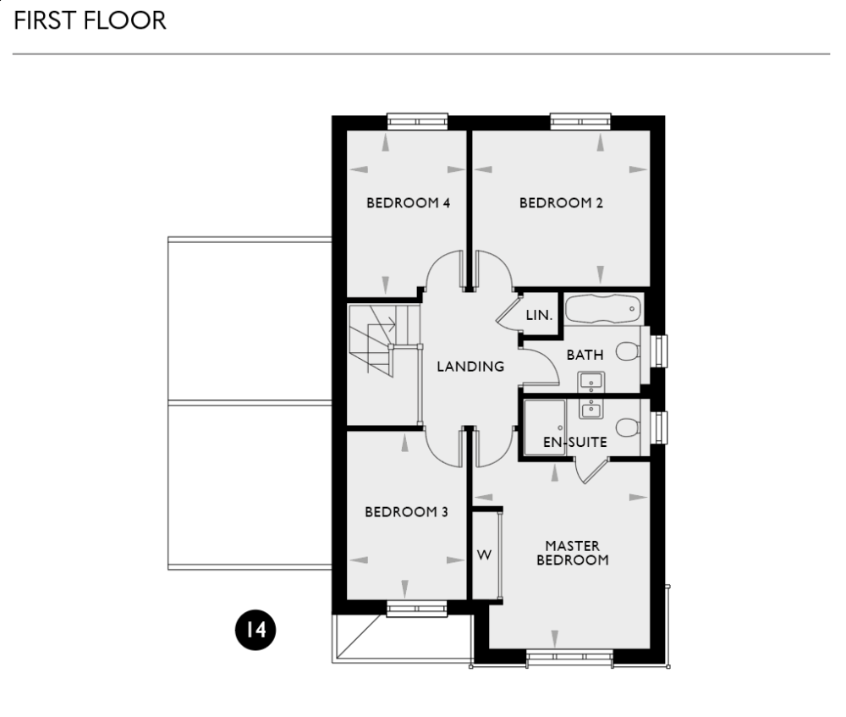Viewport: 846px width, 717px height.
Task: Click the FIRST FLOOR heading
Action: (90, 21)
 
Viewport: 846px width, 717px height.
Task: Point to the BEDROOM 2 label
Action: (561, 203)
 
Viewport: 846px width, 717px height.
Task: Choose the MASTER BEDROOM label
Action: (573, 553)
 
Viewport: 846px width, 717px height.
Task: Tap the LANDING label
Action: (470, 367)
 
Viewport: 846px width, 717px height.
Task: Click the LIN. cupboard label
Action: (539, 315)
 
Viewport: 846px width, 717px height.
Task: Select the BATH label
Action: (585, 356)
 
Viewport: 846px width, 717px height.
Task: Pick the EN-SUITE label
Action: (575, 442)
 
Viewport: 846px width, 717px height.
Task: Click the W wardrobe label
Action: (485, 555)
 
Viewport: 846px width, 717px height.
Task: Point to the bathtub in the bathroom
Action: (603, 309)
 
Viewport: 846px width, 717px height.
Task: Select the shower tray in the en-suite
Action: (547, 427)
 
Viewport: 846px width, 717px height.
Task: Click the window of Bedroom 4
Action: (418, 121)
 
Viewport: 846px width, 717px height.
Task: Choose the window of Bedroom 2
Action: (580, 121)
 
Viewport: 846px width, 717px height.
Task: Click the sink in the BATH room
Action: (590, 379)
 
